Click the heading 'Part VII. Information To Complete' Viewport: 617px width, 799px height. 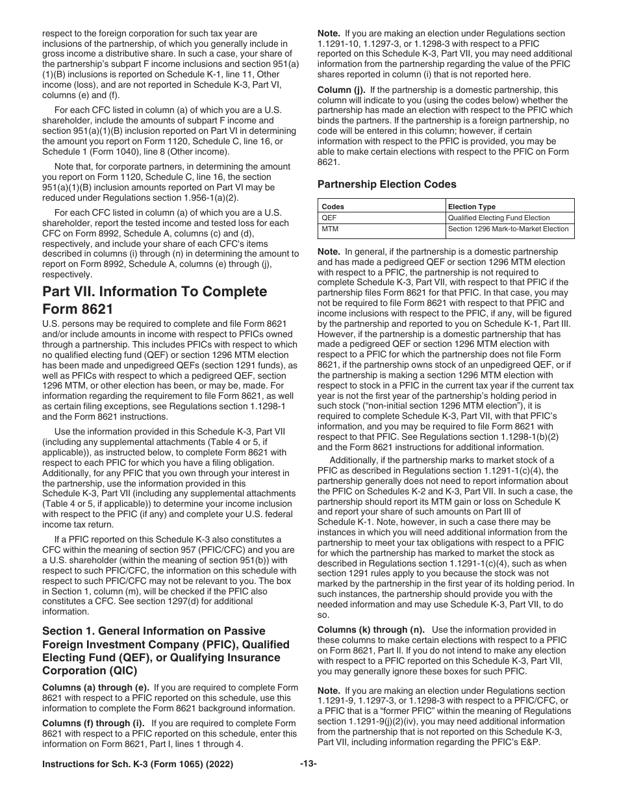[155, 291]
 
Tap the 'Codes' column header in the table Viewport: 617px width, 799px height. [333, 207]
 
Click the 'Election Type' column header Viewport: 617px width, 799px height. [472, 207]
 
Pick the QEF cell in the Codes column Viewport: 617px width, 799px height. [329, 218]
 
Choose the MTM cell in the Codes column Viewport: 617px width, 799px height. [330, 229]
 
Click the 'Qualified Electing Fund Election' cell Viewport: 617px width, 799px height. [499, 218]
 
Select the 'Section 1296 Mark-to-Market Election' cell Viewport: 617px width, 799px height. [509, 229]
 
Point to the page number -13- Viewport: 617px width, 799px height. [308, 764]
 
